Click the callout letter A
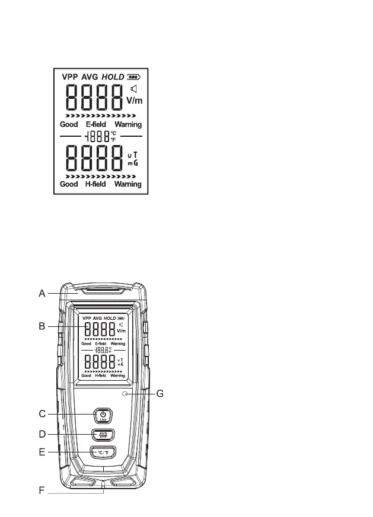(42, 293)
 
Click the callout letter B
(42, 326)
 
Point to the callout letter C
(42, 413)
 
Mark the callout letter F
(42, 492)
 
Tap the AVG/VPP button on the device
(103, 436)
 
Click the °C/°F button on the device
(103, 454)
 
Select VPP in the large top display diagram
(74, 76)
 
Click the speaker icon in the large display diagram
(134, 89)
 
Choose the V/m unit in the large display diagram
(134, 101)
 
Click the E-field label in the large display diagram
(96, 125)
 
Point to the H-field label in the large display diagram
(96, 184)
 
